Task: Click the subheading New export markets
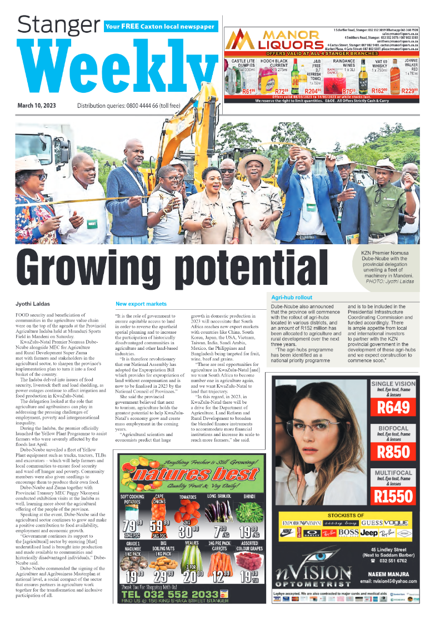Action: tap(141, 304)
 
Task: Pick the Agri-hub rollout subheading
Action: tap(292, 298)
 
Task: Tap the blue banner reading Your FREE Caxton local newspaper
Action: tap(160, 26)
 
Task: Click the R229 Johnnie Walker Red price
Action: tap(409, 91)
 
